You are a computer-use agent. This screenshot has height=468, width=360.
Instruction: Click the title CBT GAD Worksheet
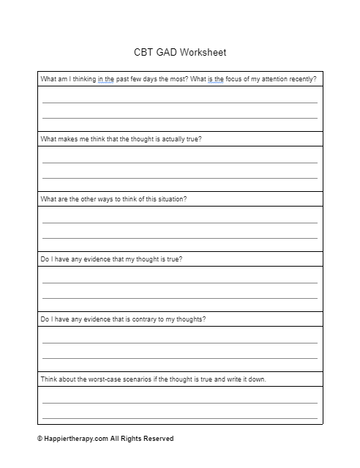[x=180, y=52]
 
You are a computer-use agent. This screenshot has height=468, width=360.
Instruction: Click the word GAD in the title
[x=167, y=52]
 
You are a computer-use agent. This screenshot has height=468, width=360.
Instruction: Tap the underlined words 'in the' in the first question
[x=106, y=79]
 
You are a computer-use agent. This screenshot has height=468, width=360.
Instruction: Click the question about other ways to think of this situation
[x=113, y=199]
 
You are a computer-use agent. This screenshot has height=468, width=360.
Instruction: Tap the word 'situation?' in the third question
[x=171, y=199]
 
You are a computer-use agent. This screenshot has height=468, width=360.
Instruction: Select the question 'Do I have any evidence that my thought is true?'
[x=111, y=259]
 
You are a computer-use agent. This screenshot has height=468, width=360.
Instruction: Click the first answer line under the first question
[x=180, y=103]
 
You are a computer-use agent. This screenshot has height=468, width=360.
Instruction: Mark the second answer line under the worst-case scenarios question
[x=180, y=417]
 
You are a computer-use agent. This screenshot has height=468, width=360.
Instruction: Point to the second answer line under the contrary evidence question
[x=180, y=357]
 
